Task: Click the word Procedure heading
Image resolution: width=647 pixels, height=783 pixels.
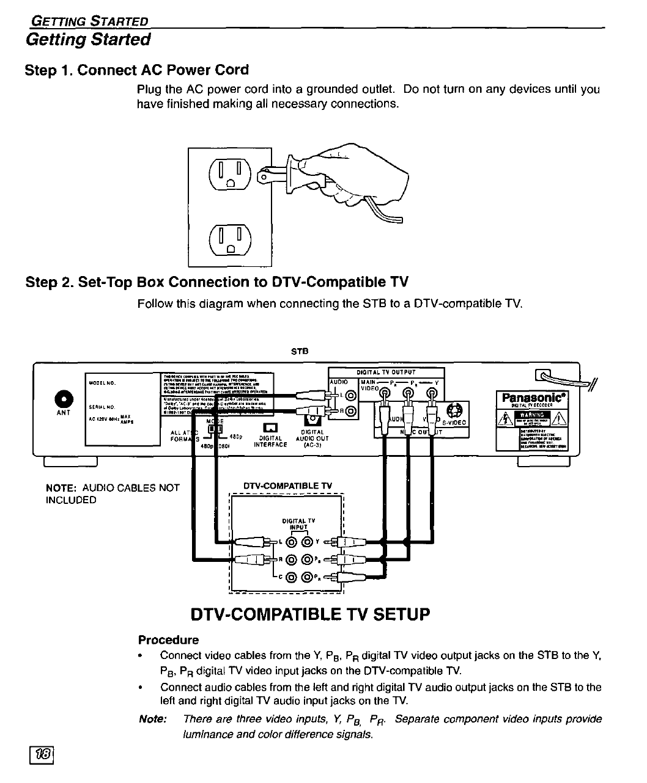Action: pyautogui.click(x=168, y=640)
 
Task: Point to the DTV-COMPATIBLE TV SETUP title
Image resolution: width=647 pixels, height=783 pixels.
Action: pyautogui.click(x=311, y=614)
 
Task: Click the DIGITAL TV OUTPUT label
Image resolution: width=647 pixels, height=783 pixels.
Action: pyautogui.click(x=386, y=372)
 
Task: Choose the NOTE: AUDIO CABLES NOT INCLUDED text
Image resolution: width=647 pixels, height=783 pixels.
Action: pyautogui.click(x=113, y=493)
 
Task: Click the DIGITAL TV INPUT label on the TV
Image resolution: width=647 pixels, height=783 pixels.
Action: pyautogui.click(x=298, y=523)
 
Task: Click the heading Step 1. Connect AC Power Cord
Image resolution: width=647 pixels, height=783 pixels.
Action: pyautogui.click(x=137, y=70)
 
